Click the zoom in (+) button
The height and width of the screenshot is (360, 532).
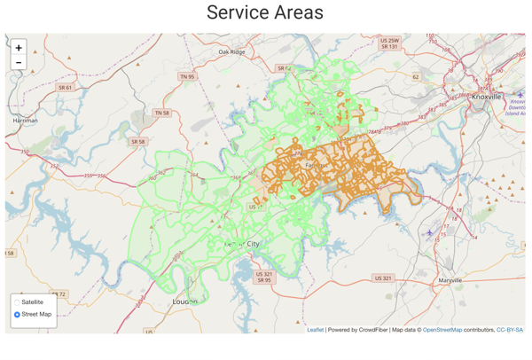19,48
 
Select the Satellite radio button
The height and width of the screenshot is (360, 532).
17,302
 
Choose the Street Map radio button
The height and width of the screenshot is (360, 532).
17,315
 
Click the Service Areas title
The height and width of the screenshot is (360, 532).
265,13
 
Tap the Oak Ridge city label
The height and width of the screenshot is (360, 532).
231,52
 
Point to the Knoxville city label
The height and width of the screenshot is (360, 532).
486,97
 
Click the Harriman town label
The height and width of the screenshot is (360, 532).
25,121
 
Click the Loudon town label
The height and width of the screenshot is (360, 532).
184,302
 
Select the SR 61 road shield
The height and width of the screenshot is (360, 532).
66,88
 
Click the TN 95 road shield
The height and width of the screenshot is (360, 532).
187,77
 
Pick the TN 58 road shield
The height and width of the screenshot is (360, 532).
161,113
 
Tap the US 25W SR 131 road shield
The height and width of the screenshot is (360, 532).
389,43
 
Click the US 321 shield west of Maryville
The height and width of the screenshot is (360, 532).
382,278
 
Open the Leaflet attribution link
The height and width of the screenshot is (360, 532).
316,330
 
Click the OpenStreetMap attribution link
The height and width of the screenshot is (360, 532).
442,330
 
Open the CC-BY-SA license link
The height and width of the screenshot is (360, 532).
510,330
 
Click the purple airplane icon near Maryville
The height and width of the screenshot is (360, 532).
430,233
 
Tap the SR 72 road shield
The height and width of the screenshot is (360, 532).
59,294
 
